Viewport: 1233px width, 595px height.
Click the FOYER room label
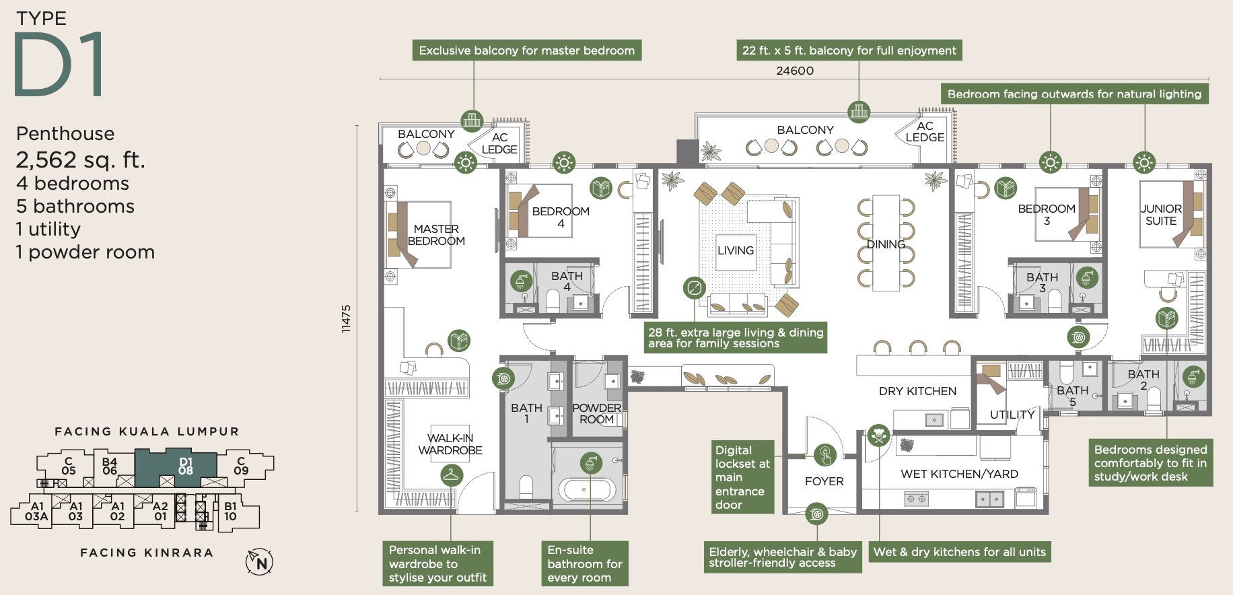(824, 481)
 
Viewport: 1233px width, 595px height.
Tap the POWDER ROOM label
(596, 413)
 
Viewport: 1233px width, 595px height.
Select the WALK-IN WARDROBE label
(450, 444)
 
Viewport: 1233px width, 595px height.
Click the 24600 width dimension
(795, 71)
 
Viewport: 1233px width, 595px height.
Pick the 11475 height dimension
(346, 318)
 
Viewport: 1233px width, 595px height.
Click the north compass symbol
(260, 562)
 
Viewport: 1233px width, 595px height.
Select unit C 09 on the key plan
(241, 466)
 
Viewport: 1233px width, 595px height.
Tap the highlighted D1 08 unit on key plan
(185, 466)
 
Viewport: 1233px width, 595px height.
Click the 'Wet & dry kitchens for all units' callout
(960, 552)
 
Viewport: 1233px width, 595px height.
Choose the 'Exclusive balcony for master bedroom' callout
(526, 50)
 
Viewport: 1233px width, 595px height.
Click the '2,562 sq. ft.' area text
(80, 160)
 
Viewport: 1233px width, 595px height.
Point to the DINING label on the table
(886, 244)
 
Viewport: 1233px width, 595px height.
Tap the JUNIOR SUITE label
(1161, 215)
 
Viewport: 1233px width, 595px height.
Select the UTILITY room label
(1012, 415)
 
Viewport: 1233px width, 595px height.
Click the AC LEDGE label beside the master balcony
(499, 143)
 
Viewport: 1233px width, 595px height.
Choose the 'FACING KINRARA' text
(147, 553)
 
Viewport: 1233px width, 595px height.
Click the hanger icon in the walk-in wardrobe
(452, 476)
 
